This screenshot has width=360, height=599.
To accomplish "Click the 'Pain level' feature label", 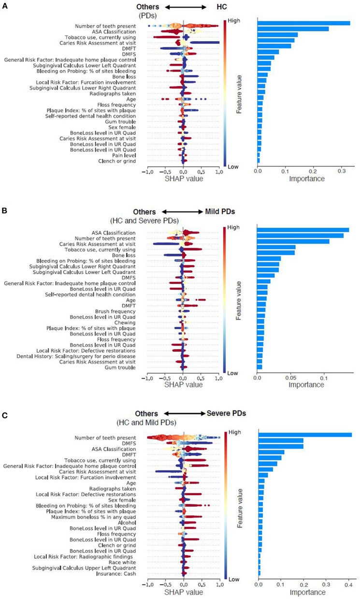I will click(121, 155).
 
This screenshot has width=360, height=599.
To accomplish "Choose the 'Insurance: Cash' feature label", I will click(115, 573).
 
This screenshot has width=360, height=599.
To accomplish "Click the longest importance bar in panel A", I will click(303, 23).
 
